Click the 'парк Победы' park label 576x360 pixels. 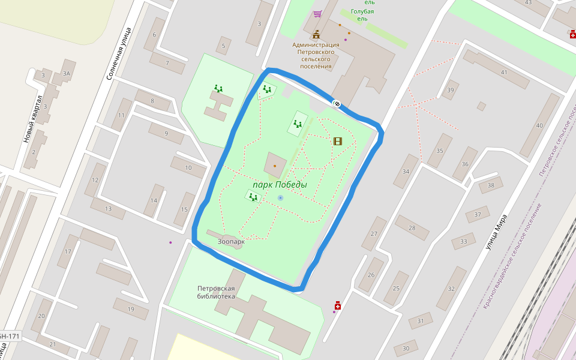click(280, 185)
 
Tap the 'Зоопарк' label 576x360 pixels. click(231, 242)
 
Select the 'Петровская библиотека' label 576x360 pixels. click(216, 292)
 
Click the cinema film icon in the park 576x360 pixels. click(338, 141)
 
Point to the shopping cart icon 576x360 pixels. click(317, 13)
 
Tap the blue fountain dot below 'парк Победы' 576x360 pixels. click(280, 197)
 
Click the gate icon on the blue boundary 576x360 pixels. click(337, 104)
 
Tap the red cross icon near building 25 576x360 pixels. click(337, 306)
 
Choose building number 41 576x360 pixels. click(504, 73)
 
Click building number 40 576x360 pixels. click(539, 126)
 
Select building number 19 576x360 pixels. click(131, 309)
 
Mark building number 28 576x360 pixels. click(412, 227)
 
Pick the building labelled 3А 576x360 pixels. click(66, 74)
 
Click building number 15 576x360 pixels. click(184, 209)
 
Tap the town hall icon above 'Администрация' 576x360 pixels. click(316, 34)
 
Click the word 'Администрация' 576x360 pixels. click(316, 44)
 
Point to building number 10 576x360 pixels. click(188, 167)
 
